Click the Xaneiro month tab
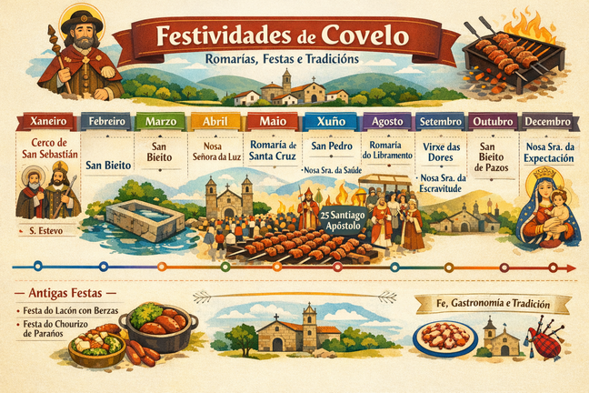(46, 121)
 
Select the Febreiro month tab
(105, 121)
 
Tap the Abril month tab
(216, 121)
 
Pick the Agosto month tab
(386, 121)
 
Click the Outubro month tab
(494, 121)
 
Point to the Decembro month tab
(549, 121)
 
